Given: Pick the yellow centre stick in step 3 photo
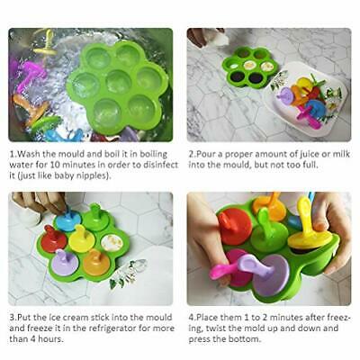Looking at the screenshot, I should point(81,238).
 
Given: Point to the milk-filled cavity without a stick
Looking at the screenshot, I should point(112,242).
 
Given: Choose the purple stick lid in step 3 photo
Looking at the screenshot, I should point(64,262).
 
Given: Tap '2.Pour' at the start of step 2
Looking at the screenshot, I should point(203,154).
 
